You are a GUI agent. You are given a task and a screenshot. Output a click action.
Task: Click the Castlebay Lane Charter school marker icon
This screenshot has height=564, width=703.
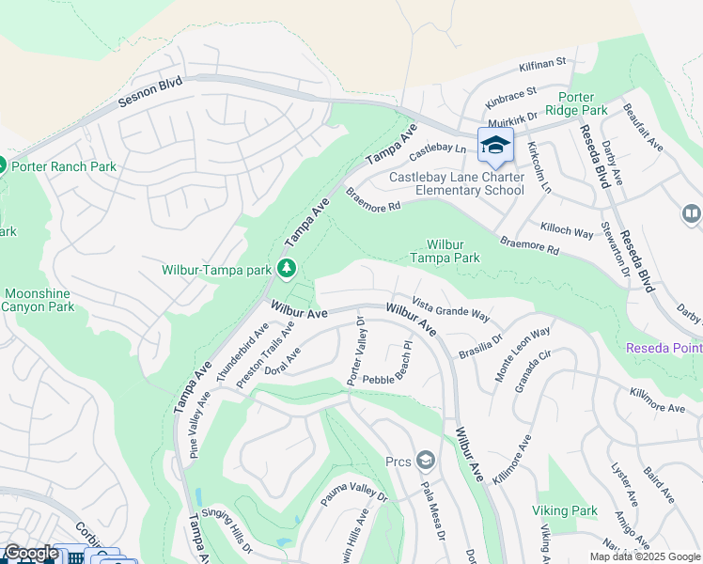(x=495, y=146)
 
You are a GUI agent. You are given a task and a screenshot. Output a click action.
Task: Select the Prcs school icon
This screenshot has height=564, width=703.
(x=426, y=460)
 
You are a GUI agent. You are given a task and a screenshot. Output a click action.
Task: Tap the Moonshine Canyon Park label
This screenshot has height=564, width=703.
(x=36, y=300)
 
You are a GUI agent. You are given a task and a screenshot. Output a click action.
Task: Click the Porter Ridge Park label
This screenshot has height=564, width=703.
(x=595, y=103)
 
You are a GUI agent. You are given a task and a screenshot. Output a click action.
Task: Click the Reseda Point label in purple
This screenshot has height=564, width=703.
(x=664, y=349)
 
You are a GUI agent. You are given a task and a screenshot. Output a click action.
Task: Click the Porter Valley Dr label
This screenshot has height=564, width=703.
(x=356, y=352)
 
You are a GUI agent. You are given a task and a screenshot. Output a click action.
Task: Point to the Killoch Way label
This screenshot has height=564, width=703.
(x=566, y=230)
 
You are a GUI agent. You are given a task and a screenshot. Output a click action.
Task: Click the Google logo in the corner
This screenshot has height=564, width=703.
(x=31, y=553)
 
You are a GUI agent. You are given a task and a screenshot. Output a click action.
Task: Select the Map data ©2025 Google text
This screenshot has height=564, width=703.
(x=644, y=556)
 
